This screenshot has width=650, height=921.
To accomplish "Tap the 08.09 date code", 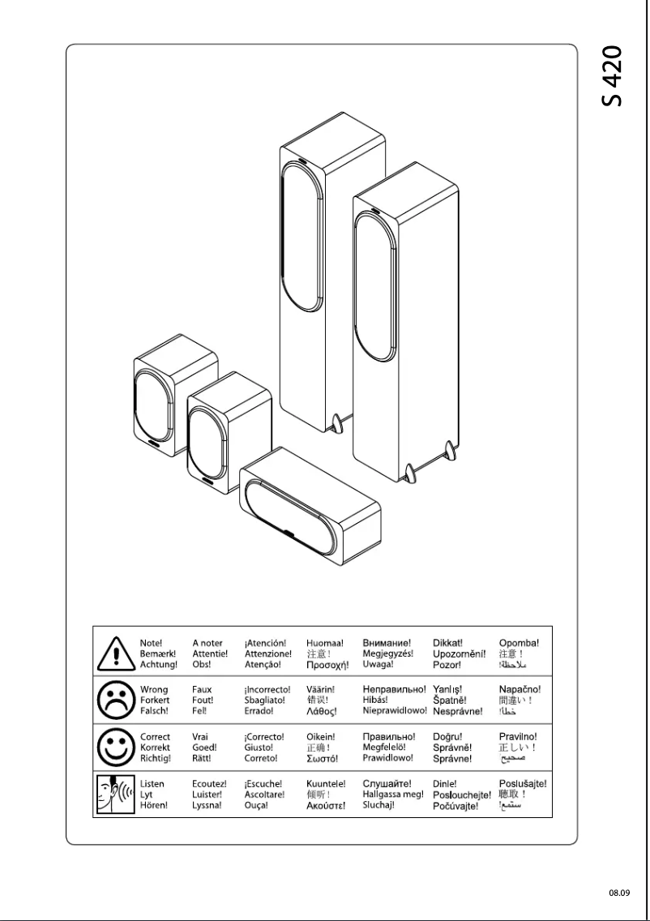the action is (x=619, y=893).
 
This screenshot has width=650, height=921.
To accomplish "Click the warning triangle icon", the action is (x=116, y=653).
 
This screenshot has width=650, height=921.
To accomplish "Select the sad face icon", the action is (x=116, y=700).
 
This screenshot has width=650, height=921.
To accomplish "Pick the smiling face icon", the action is (x=116, y=748).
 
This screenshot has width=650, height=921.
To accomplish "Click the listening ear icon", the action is (x=116, y=795).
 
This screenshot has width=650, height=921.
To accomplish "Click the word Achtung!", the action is (x=159, y=665).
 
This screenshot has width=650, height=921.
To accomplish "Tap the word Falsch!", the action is (x=154, y=711).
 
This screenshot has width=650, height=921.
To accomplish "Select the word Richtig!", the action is (x=156, y=758).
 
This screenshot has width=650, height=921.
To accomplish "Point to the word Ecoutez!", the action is (x=209, y=783).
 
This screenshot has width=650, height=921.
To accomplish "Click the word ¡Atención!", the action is (x=265, y=643).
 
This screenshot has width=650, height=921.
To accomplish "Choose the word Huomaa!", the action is (x=325, y=643).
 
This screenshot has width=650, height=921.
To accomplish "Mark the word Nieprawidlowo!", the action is (x=395, y=711).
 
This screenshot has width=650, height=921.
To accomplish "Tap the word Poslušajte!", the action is (x=523, y=783).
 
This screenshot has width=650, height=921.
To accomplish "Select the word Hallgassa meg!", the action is (x=393, y=795).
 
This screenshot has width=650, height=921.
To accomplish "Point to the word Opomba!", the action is (x=519, y=643).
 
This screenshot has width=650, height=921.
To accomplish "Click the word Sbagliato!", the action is (x=265, y=700).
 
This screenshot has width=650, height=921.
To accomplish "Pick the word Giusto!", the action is (x=259, y=748).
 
